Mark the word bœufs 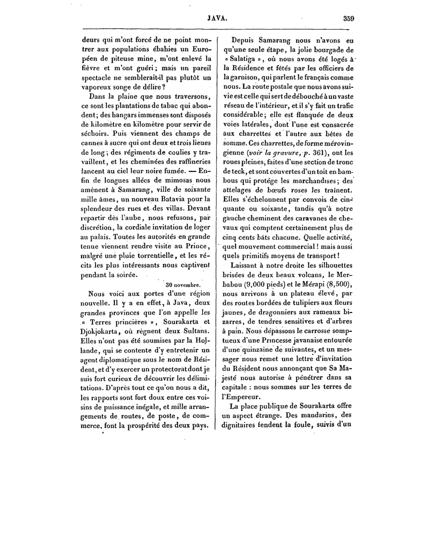pos(273,190)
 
